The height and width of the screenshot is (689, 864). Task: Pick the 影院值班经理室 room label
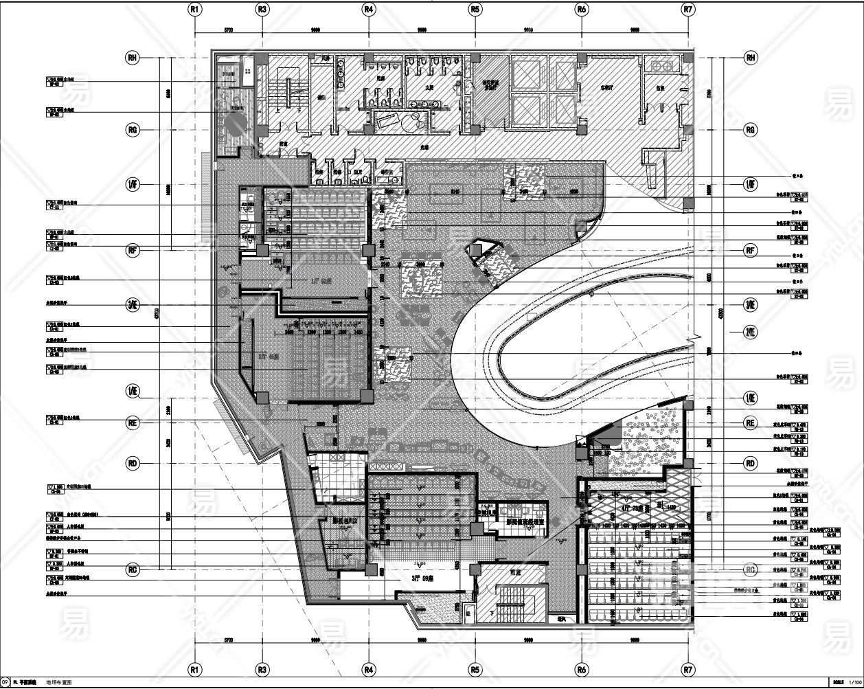pyautogui.click(x=525, y=521)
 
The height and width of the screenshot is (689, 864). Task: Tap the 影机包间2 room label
pyautogui.click(x=346, y=521)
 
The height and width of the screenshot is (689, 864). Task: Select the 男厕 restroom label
pyautogui.click(x=378, y=79)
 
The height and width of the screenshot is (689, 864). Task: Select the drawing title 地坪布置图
pyautogui.click(x=58, y=683)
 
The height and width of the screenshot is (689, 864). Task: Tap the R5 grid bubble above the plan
pyautogui.click(x=475, y=10)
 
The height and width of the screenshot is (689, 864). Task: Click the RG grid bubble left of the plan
pyautogui.click(x=133, y=129)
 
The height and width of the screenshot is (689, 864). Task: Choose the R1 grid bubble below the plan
pyautogui.click(x=194, y=667)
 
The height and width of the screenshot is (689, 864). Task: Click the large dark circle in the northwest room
pyautogui.click(x=238, y=124)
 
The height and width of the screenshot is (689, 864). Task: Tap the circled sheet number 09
pyautogui.click(x=6, y=683)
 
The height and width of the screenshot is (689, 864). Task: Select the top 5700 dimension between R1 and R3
pyautogui.click(x=228, y=30)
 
